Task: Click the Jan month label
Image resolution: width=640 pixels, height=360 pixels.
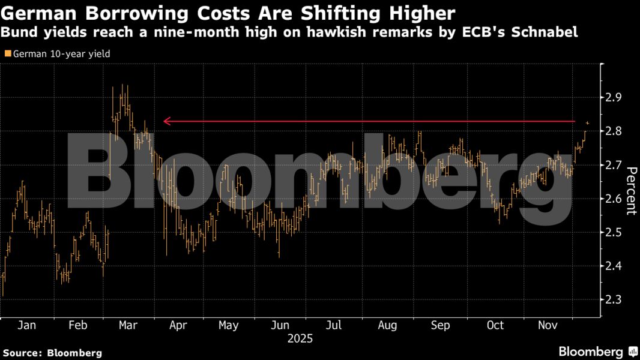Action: coord(26,325)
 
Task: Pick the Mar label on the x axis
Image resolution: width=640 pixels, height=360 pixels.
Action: coord(128,325)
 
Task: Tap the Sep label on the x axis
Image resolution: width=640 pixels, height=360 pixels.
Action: coord(441,325)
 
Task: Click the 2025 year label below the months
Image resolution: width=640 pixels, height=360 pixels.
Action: coord(300,338)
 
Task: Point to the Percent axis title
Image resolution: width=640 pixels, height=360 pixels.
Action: coord(631,190)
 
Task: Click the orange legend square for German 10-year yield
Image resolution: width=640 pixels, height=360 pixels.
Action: coord(7,54)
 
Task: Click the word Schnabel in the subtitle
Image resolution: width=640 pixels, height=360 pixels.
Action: coord(548,32)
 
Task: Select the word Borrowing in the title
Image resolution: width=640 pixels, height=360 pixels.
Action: coord(121,13)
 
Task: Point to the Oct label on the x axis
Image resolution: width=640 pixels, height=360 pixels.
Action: coord(495,325)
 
